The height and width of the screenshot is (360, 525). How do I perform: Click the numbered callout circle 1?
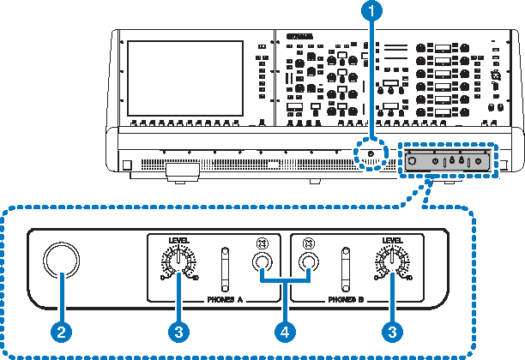(371, 11)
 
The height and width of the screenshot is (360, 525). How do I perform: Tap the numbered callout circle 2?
(61, 330)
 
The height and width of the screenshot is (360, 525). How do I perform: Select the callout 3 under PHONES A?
(178, 330)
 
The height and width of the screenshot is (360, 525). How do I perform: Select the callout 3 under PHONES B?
(392, 330)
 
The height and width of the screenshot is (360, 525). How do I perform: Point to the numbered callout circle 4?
(286, 330)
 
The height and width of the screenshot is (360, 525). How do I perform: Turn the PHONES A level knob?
(179, 262)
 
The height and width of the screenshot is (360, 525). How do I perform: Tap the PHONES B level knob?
(390, 262)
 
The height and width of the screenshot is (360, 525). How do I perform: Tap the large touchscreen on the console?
(184, 78)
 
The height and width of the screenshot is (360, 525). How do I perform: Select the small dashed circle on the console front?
(371, 155)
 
